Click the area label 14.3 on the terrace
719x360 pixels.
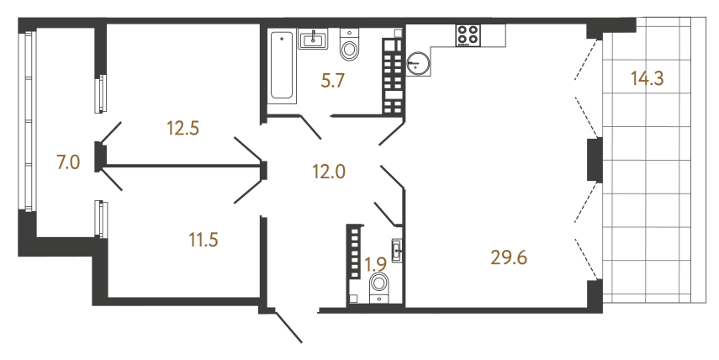[648, 81]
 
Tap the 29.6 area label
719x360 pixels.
[509, 257]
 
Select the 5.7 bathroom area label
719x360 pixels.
[333, 82]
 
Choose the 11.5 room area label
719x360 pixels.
[204, 240]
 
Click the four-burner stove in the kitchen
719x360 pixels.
[468, 36]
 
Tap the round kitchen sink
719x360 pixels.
[418, 63]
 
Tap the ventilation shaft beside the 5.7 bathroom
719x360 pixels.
[393, 76]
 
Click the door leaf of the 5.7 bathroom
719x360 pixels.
[308, 126]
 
